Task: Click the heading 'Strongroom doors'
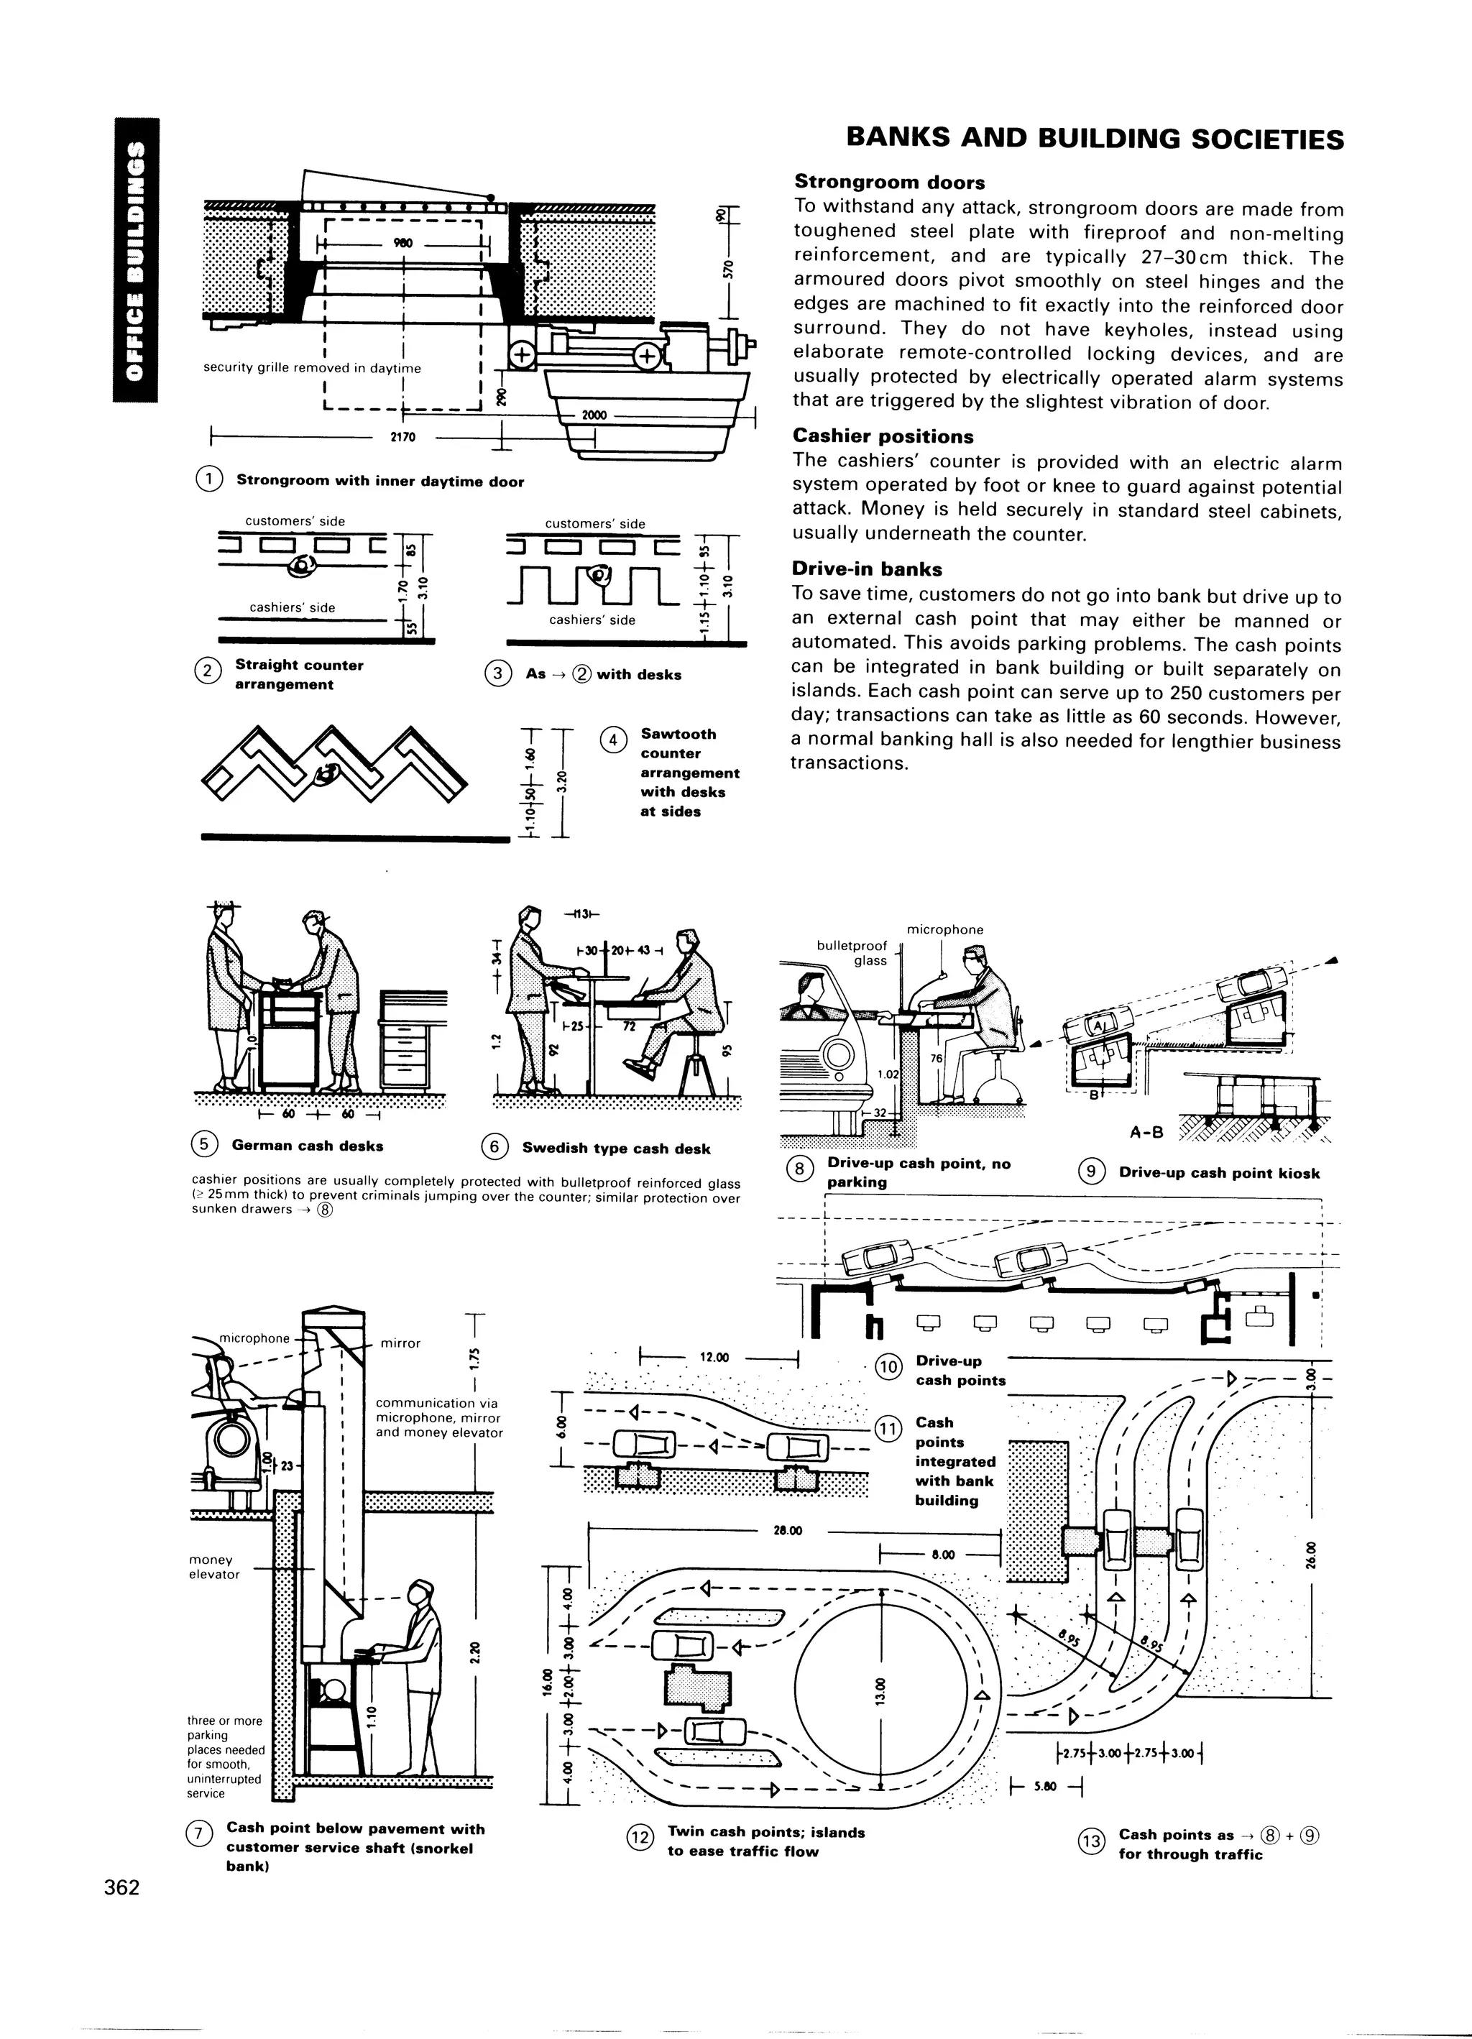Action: [889, 183]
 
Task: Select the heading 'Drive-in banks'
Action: [867, 569]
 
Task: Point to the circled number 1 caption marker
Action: [208, 480]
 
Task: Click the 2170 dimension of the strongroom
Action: [402, 438]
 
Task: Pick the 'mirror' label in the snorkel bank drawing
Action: [400, 1343]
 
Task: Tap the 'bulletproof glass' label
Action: [852, 953]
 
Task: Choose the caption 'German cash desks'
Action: [308, 1146]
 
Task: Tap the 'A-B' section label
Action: [1146, 1132]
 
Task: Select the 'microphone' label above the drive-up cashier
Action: [944, 929]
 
